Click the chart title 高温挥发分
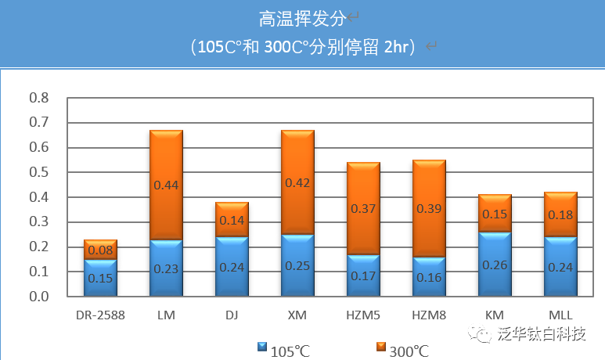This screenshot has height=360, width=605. tap(301, 17)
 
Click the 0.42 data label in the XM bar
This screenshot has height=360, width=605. tap(297, 183)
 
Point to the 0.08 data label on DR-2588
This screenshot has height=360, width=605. tap(100, 250)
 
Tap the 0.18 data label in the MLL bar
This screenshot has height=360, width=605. tap(560, 214)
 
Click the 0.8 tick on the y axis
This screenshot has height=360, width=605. tap(38, 98)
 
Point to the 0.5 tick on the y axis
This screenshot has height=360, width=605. tap(38, 172)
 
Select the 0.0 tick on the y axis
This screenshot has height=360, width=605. tap(38, 297)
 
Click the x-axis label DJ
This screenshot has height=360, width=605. tap(232, 315)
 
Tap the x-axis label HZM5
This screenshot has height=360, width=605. tap(363, 315)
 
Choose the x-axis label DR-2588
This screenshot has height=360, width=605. tap(100, 315)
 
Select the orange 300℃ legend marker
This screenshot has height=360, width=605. tap(380, 347)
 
